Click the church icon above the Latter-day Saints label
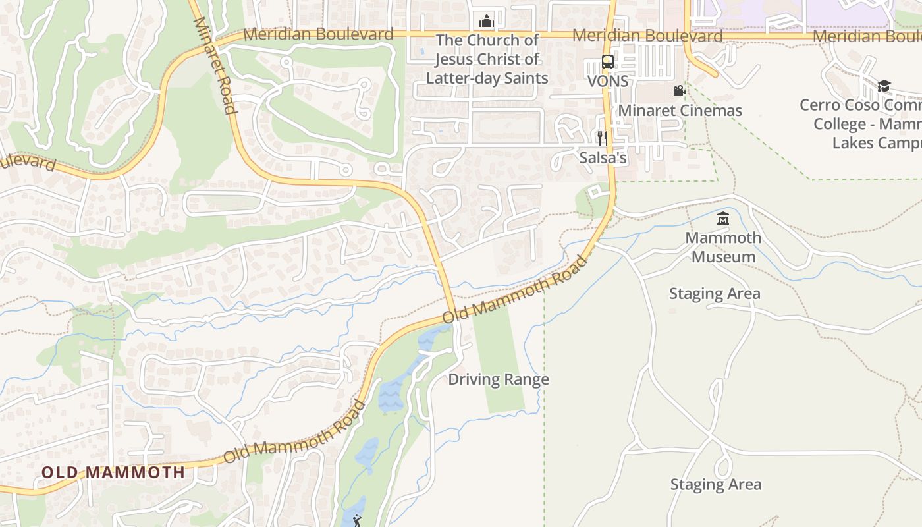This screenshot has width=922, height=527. pos(487,22)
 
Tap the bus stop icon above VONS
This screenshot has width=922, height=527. pos(608,63)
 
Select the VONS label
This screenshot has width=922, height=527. pos(608,81)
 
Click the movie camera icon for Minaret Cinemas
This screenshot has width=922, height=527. pos(679,91)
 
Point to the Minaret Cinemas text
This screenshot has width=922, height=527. pos(680,110)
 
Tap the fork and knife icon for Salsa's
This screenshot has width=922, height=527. pos(602,138)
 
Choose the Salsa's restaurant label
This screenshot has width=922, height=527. pos(603,158)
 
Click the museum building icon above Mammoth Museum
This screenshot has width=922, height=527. pos(723,218)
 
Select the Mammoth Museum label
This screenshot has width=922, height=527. pos(723,247)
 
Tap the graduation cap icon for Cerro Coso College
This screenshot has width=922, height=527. pos(884,86)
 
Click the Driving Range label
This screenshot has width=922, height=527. pos(499,379)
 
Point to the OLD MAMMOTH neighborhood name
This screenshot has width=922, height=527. pos(113,472)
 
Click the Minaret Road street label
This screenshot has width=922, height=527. pos(215,65)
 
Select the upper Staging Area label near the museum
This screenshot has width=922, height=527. pos(715,294)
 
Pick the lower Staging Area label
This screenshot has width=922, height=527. pos(715,485)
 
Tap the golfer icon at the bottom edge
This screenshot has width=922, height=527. pos(357,521)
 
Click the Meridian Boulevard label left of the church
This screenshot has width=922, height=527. pos(318,34)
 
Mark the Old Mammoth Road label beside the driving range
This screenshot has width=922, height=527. pos(514,290)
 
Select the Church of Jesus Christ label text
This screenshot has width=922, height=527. pos(487,59)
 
